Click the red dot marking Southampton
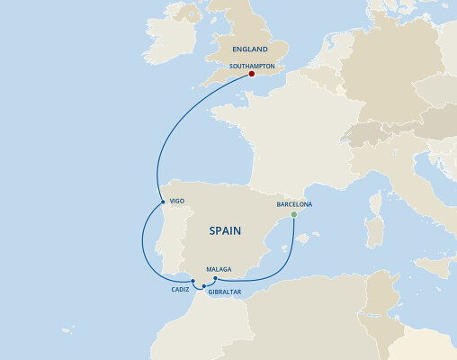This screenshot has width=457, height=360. click(x=252, y=76)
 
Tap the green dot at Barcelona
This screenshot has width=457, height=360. click(x=295, y=215)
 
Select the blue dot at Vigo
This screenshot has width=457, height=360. click(x=160, y=201)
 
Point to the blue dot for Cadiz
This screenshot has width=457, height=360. click(x=193, y=282)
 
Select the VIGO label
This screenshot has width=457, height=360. click(x=177, y=201)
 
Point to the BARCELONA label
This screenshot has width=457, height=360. click(x=294, y=204)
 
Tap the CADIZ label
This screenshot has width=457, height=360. click(x=180, y=290)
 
